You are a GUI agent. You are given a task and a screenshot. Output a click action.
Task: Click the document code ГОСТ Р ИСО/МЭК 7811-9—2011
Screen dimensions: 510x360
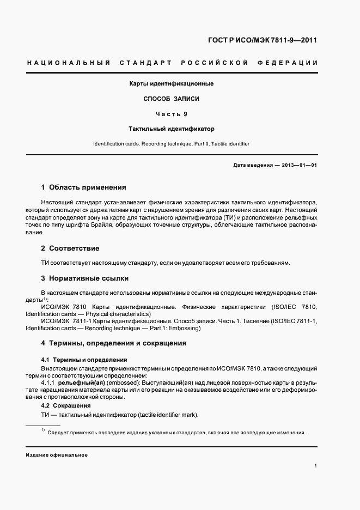pyautogui.click(x=263, y=40)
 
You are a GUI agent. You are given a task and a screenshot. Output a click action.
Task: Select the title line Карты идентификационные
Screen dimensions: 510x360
pyautogui.click(x=171, y=84)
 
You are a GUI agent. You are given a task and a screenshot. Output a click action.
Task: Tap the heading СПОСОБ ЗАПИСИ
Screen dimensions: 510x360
pyautogui.click(x=171, y=99)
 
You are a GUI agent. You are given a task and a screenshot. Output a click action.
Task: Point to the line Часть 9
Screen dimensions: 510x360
pyautogui.click(x=171, y=114)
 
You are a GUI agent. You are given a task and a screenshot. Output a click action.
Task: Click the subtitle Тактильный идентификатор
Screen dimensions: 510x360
pyautogui.click(x=171, y=130)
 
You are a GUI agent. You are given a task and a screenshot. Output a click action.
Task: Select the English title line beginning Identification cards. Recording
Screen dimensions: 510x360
pyautogui.click(x=171, y=144)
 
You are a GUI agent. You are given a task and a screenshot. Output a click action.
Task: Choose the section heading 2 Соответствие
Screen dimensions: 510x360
pyautogui.click(x=70, y=248)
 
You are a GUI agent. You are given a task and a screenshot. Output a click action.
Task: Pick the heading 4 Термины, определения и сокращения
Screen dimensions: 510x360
pyautogui.click(x=114, y=343)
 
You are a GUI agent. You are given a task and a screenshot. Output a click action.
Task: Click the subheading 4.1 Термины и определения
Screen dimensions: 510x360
pyautogui.click(x=84, y=360)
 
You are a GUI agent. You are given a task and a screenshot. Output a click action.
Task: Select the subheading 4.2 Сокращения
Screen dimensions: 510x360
pyautogui.click(x=66, y=406)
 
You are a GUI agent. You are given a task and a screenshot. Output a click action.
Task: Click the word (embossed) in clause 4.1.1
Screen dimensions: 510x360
pyautogui.click(x=123, y=383)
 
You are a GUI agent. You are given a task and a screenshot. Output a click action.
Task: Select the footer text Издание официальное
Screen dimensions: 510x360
pyautogui.click(x=57, y=455)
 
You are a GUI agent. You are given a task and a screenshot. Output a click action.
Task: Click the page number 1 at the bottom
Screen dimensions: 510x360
pyautogui.click(x=316, y=466)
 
